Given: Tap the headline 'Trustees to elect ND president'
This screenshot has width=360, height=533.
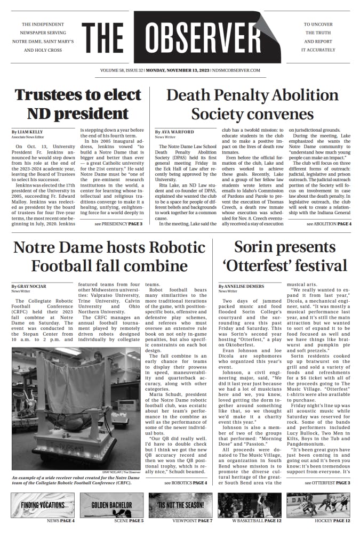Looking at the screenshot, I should click(78, 104).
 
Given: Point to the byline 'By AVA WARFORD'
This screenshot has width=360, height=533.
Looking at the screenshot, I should click(174, 131).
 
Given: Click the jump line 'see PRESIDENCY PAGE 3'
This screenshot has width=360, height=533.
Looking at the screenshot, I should click(118, 224).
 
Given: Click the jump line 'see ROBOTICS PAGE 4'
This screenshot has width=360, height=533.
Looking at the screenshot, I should click(186, 482).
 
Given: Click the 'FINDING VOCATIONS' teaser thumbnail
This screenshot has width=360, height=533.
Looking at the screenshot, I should click(43, 504).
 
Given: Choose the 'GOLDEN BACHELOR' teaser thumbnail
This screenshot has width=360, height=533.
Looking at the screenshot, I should click(111, 504).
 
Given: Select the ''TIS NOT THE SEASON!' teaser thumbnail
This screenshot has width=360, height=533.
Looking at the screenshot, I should click(180, 504).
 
